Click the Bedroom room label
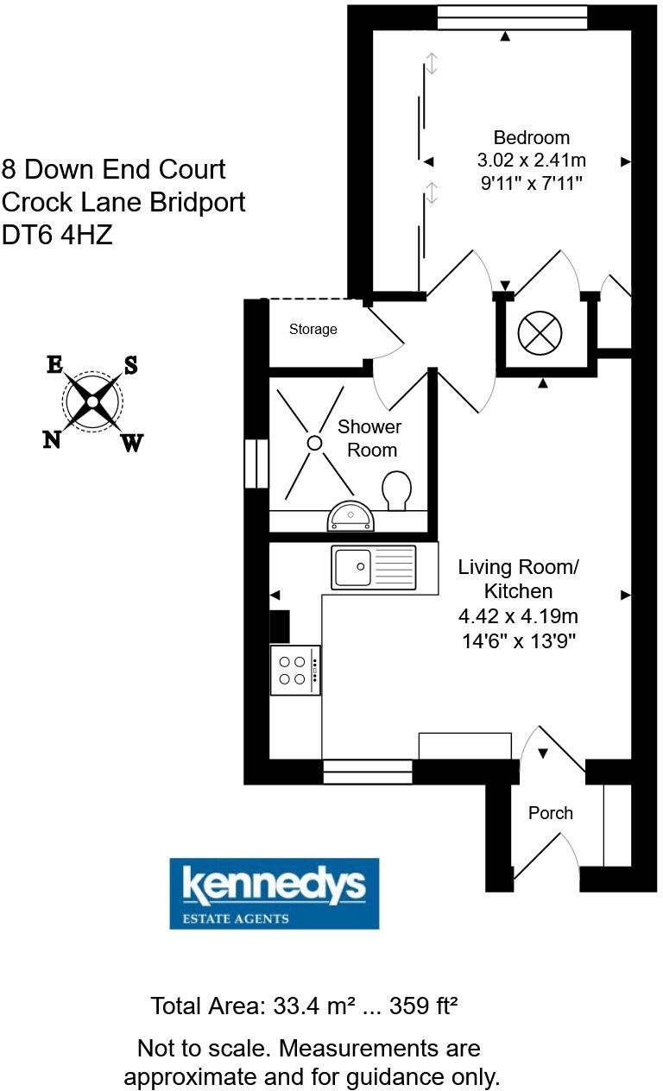(x=531, y=137)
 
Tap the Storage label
(x=313, y=329)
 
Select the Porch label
(x=550, y=812)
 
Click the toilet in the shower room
(x=396, y=490)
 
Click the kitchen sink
(x=373, y=568)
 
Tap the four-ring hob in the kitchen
(x=294, y=670)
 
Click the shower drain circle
(x=314, y=442)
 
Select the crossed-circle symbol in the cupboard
(x=539, y=332)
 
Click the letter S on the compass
(x=131, y=365)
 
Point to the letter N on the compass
(x=52, y=439)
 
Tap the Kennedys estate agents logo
(x=274, y=892)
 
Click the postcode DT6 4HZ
(x=57, y=235)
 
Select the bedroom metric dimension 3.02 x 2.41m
(x=531, y=160)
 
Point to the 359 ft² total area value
(x=423, y=1006)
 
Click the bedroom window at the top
(x=512, y=17)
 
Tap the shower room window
(x=256, y=464)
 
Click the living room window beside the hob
(x=367, y=771)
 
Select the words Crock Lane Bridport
(x=123, y=202)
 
